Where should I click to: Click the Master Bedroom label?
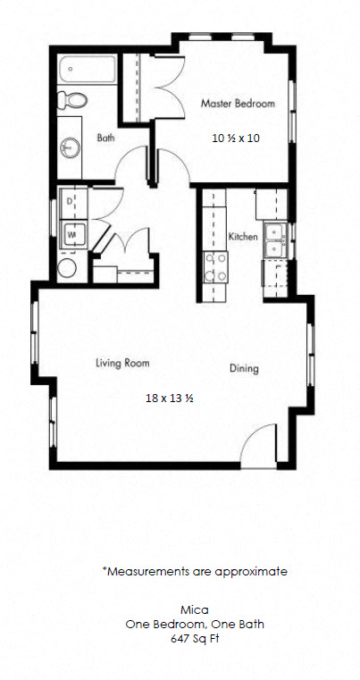(238, 104)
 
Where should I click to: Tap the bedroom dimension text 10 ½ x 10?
(236, 138)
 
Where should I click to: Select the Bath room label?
(105, 138)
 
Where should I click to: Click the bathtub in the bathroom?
(88, 70)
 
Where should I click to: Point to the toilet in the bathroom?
(72, 100)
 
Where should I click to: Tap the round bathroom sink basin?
(70, 147)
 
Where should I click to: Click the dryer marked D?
(73, 203)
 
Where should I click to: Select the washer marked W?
(73, 235)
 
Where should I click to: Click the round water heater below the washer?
(67, 268)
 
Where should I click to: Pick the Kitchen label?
(243, 237)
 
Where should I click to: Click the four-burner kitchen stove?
(216, 267)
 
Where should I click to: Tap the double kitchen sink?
(275, 239)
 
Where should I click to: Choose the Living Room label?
(122, 363)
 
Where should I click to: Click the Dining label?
(244, 369)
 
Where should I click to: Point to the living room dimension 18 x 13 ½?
(169, 399)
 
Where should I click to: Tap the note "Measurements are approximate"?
(195, 572)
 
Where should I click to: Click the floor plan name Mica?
(195, 610)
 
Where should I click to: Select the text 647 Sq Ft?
(195, 639)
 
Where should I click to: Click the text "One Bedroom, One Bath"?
(195, 625)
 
